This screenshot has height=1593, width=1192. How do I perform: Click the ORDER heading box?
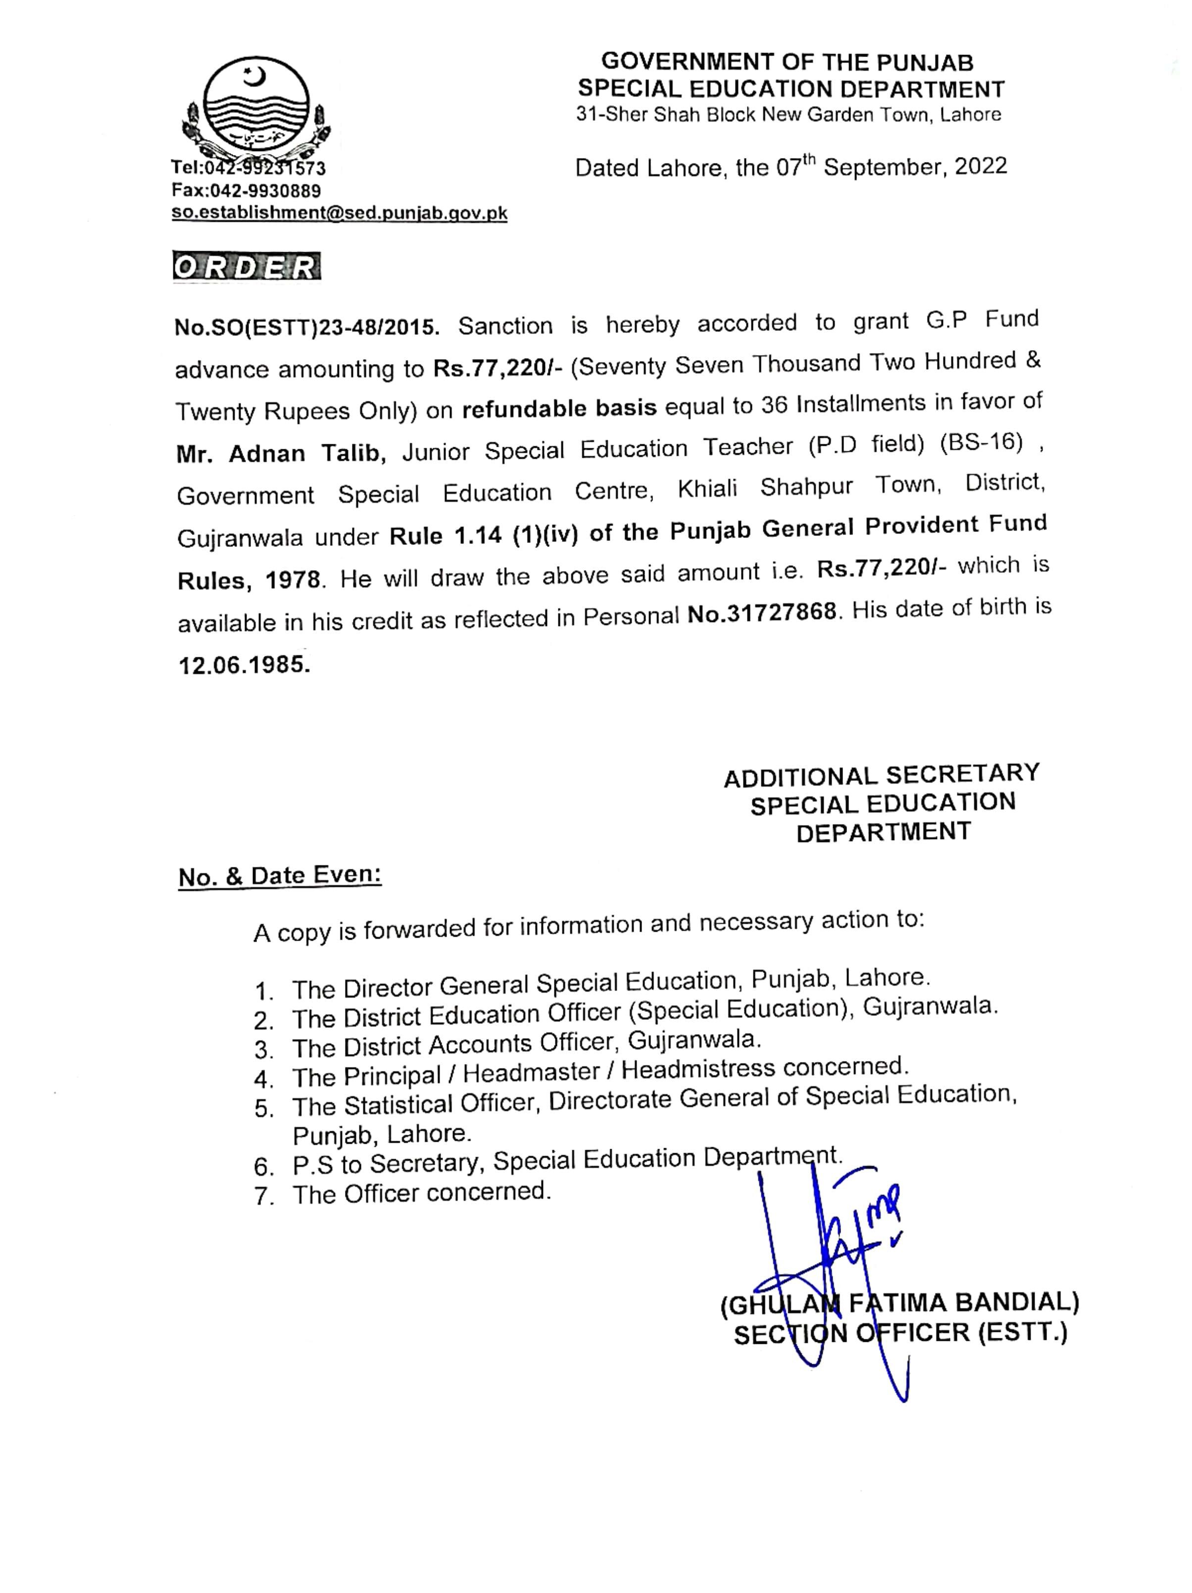click(x=246, y=266)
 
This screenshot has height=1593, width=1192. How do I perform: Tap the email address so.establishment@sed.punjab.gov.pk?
click(x=339, y=213)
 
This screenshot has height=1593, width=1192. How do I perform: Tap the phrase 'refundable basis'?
click(x=559, y=408)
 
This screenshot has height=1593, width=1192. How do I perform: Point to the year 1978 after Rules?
click(x=292, y=579)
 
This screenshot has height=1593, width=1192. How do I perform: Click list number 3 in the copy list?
click(x=263, y=1049)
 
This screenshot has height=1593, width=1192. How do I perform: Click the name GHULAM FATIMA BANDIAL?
click(x=900, y=1302)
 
